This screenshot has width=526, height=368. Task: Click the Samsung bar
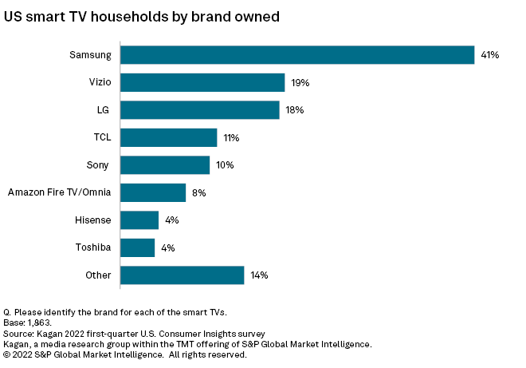click(297, 55)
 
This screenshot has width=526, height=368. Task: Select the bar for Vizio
click(202, 82)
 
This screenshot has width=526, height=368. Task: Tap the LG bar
click(200, 110)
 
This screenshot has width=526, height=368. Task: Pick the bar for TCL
click(169, 137)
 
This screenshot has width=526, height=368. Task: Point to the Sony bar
click(165, 165)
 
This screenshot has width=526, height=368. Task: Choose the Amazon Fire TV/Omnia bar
click(153, 192)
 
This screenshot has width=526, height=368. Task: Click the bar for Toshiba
click(138, 247)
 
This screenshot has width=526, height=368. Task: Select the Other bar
click(183, 275)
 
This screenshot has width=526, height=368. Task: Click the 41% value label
click(489, 55)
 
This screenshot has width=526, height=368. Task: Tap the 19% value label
click(300, 83)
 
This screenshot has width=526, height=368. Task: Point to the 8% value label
click(198, 193)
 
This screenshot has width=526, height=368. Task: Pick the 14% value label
click(259, 275)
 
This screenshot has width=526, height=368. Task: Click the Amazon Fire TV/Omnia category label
click(59, 192)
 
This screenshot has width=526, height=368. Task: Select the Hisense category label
click(92, 220)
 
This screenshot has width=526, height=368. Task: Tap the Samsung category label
click(90, 55)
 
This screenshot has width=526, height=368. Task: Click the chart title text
click(142, 15)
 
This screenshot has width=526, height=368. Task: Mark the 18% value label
click(294, 110)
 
